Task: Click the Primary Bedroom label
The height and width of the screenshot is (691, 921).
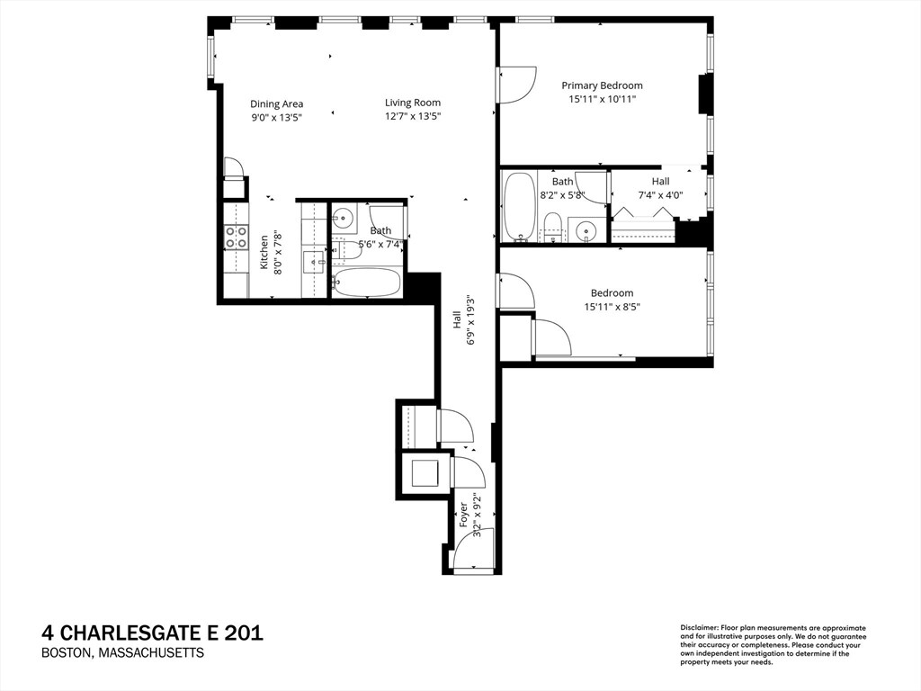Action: point(603,85)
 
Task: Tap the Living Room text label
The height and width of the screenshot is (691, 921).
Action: point(413,103)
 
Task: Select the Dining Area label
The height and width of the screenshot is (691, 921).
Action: point(276,103)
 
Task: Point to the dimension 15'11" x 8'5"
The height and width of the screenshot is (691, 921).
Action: point(612,307)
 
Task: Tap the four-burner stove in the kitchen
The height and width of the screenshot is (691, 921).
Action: point(236,237)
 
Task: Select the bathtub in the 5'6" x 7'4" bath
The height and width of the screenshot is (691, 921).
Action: point(366,283)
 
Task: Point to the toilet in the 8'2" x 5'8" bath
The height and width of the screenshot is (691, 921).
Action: point(553,227)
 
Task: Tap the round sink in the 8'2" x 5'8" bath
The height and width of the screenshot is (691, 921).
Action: point(587,231)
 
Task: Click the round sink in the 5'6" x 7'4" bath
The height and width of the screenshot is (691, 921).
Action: point(344,219)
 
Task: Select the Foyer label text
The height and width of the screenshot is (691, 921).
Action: point(464,514)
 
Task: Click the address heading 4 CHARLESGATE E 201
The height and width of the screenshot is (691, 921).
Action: point(152,633)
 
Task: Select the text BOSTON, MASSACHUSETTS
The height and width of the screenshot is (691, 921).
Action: point(122,653)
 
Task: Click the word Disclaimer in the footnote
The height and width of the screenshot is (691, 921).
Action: point(699,627)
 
